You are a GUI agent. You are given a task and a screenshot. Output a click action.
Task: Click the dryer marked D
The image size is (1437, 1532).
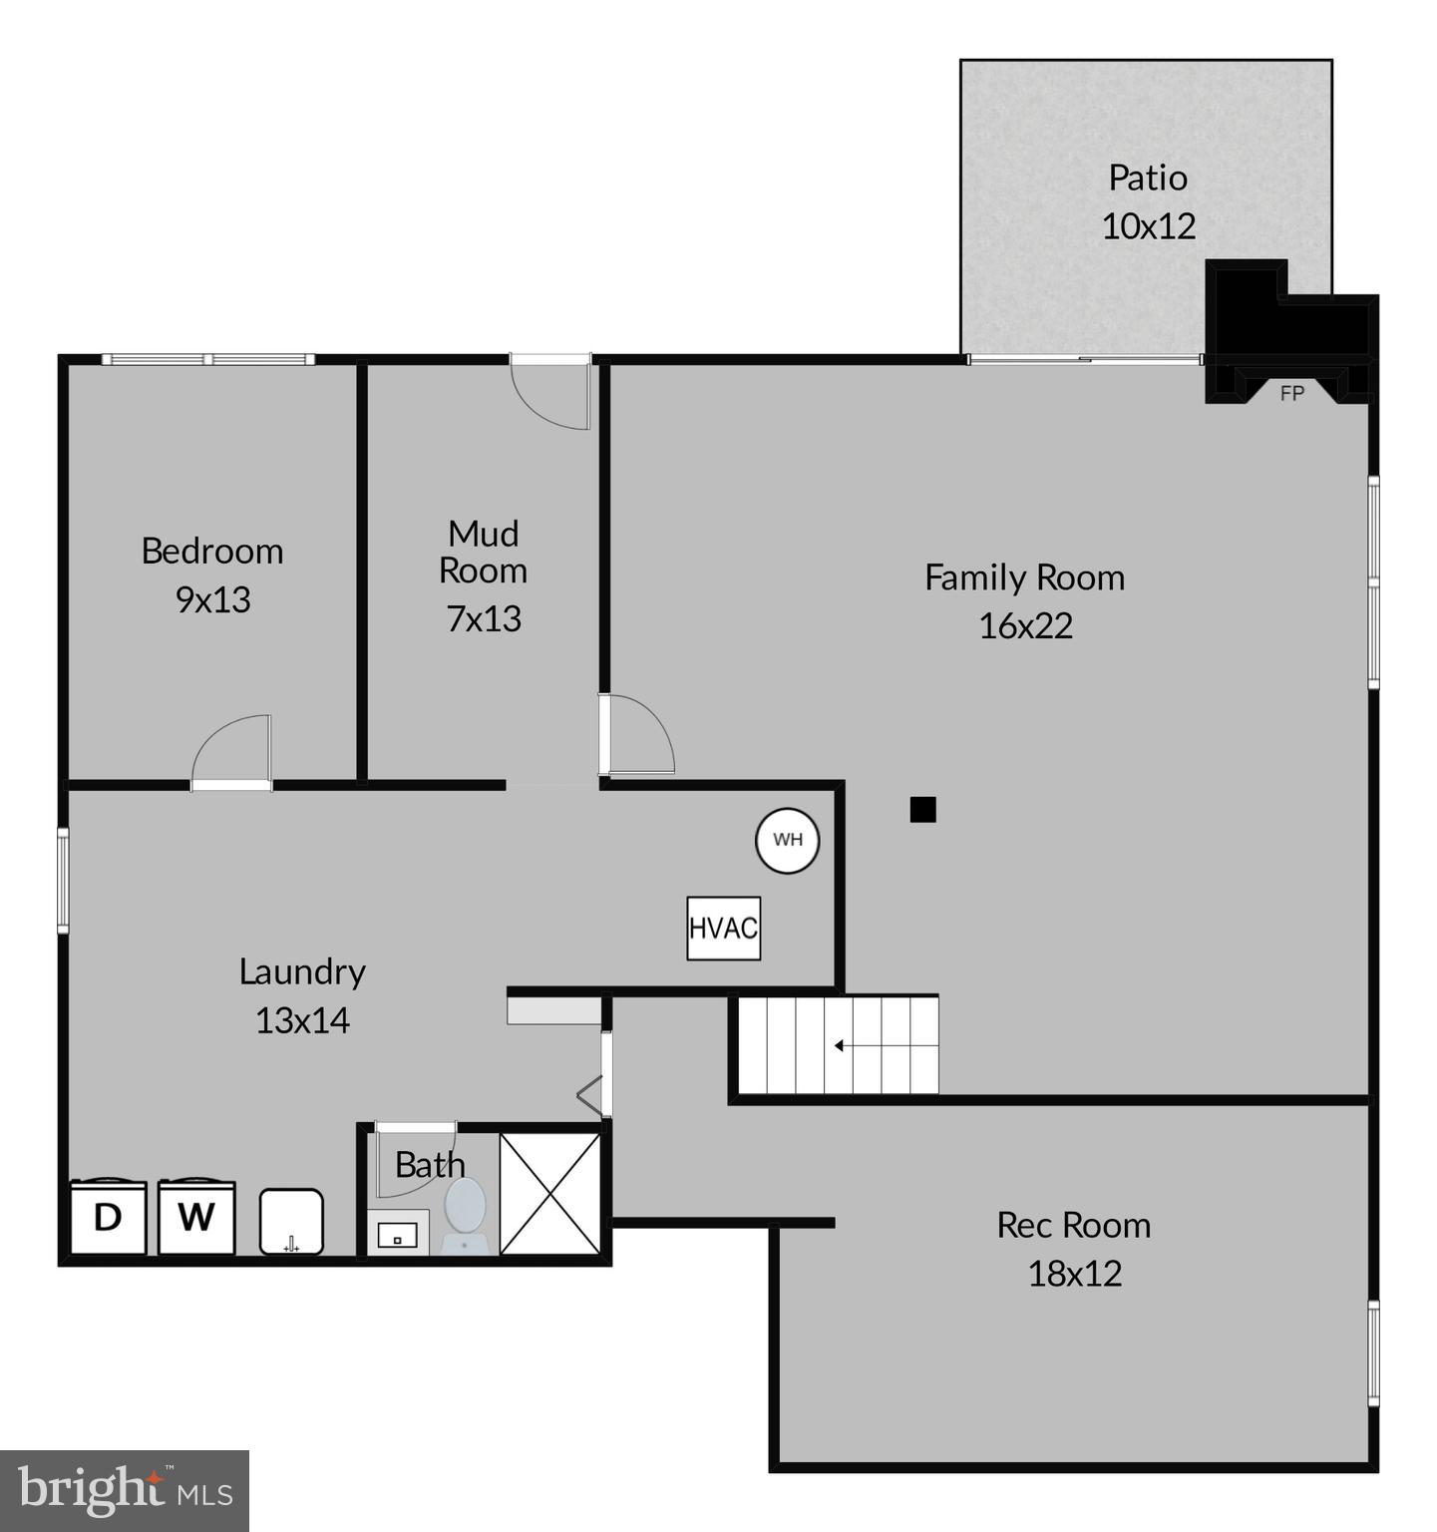point(108,1217)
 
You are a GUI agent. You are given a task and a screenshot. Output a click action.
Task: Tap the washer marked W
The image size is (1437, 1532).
point(196,1217)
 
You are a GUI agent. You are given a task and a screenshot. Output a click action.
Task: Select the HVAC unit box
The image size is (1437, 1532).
point(723,929)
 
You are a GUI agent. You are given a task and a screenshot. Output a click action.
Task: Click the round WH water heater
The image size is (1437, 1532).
point(787,840)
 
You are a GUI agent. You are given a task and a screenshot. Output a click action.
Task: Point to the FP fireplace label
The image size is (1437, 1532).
point(1291,394)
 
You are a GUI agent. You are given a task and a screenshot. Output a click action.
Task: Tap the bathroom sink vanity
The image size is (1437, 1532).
point(398,1235)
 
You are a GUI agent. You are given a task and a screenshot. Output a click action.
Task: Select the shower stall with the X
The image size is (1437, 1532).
point(549,1192)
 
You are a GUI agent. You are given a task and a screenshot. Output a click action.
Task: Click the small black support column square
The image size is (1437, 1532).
point(922,810)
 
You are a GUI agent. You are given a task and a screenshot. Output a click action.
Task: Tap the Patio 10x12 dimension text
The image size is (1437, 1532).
point(1148,225)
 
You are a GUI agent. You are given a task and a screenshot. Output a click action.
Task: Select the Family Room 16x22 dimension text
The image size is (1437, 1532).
point(1025,625)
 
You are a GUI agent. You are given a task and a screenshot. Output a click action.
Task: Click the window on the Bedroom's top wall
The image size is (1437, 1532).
point(207,359)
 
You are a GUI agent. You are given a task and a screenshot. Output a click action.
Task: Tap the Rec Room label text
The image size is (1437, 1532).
point(1073,1225)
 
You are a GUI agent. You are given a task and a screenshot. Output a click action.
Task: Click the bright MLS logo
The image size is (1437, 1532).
point(124,1490)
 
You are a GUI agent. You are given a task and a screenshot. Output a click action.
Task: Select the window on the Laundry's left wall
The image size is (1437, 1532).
point(63,881)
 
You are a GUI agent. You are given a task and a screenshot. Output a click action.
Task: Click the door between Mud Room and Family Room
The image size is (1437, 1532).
point(636,736)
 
